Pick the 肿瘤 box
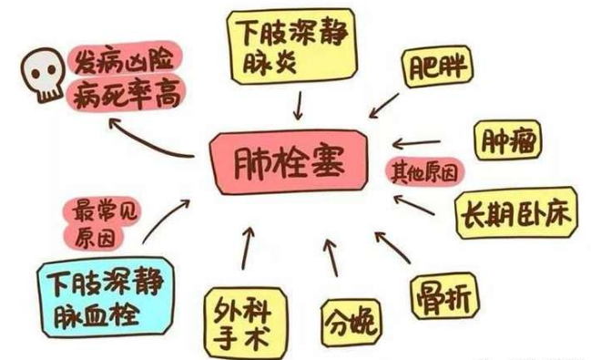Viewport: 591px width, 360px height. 507,141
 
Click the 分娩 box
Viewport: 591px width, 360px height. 350,319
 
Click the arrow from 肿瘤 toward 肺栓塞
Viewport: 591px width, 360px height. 422,144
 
